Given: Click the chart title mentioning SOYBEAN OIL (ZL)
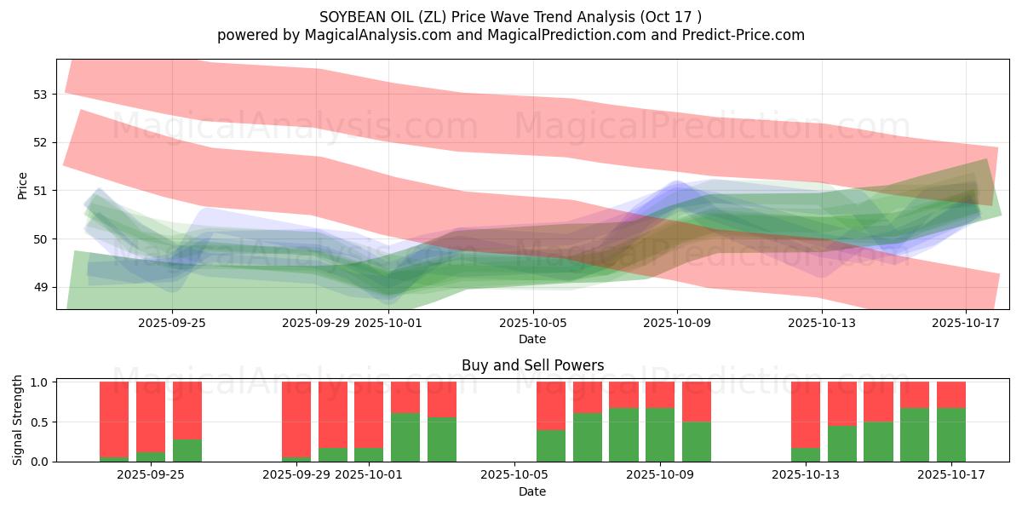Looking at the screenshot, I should [x=511, y=16].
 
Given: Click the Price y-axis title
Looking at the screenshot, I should [x=23, y=186].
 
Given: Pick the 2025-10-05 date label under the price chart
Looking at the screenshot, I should [x=533, y=324].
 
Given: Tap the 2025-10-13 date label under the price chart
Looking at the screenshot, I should [x=822, y=324].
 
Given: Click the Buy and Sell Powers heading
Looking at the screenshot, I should [x=532, y=365].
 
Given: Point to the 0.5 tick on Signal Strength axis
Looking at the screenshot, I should [x=39, y=422].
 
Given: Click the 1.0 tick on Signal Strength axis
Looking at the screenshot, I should [x=39, y=382].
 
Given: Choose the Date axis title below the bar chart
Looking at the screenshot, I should [x=532, y=491].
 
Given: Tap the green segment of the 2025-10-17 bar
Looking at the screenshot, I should [x=951, y=435].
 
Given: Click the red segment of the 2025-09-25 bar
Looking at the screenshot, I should [x=187, y=411].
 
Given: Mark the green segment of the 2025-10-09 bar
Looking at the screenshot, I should [x=660, y=435].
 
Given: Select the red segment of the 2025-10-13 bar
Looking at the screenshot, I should [x=806, y=415].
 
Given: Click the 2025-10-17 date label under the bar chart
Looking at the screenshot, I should [x=951, y=475].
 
